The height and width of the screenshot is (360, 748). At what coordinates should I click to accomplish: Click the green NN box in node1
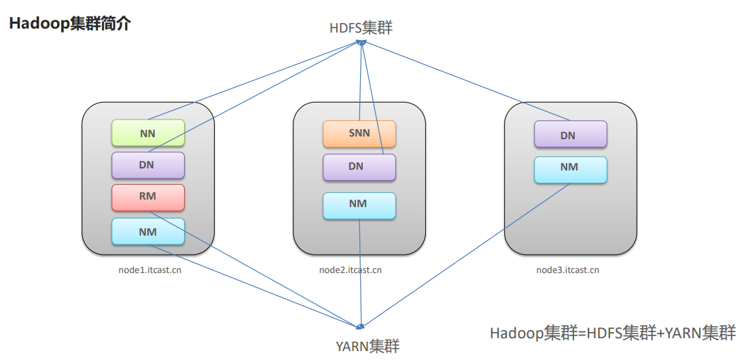pyautogui.click(x=148, y=133)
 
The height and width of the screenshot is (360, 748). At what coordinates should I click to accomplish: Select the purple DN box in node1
pyautogui.click(x=148, y=165)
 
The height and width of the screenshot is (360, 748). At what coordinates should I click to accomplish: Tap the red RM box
pyautogui.click(x=148, y=197)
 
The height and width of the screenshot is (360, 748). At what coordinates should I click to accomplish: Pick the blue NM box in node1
pyautogui.click(x=148, y=232)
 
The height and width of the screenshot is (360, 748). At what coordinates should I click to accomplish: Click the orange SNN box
pyautogui.click(x=359, y=134)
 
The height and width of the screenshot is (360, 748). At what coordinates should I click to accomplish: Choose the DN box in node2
pyautogui.click(x=359, y=166)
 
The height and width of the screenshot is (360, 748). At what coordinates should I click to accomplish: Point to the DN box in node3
pyautogui.click(x=570, y=134)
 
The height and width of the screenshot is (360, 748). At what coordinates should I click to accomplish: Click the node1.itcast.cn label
pyautogui.click(x=149, y=270)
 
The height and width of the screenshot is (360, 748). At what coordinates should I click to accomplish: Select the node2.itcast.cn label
pyautogui.click(x=351, y=270)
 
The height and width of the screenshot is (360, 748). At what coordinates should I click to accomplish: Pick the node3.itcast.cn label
pyautogui.click(x=568, y=270)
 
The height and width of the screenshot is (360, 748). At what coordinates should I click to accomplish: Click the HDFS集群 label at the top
pyautogui.click(x=361, y=28)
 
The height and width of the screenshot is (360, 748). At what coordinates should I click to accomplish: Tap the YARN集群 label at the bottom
pyautogui.click(x=368, y=346)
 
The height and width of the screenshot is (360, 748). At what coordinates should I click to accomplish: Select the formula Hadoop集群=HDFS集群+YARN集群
pyautogui.click(x=613, y=333)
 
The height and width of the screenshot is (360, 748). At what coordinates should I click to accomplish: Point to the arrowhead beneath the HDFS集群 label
pyautogui.click(x=362, y=43)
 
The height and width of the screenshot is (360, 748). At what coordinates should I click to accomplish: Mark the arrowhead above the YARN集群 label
pyautogui.click(x=364, y=327)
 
